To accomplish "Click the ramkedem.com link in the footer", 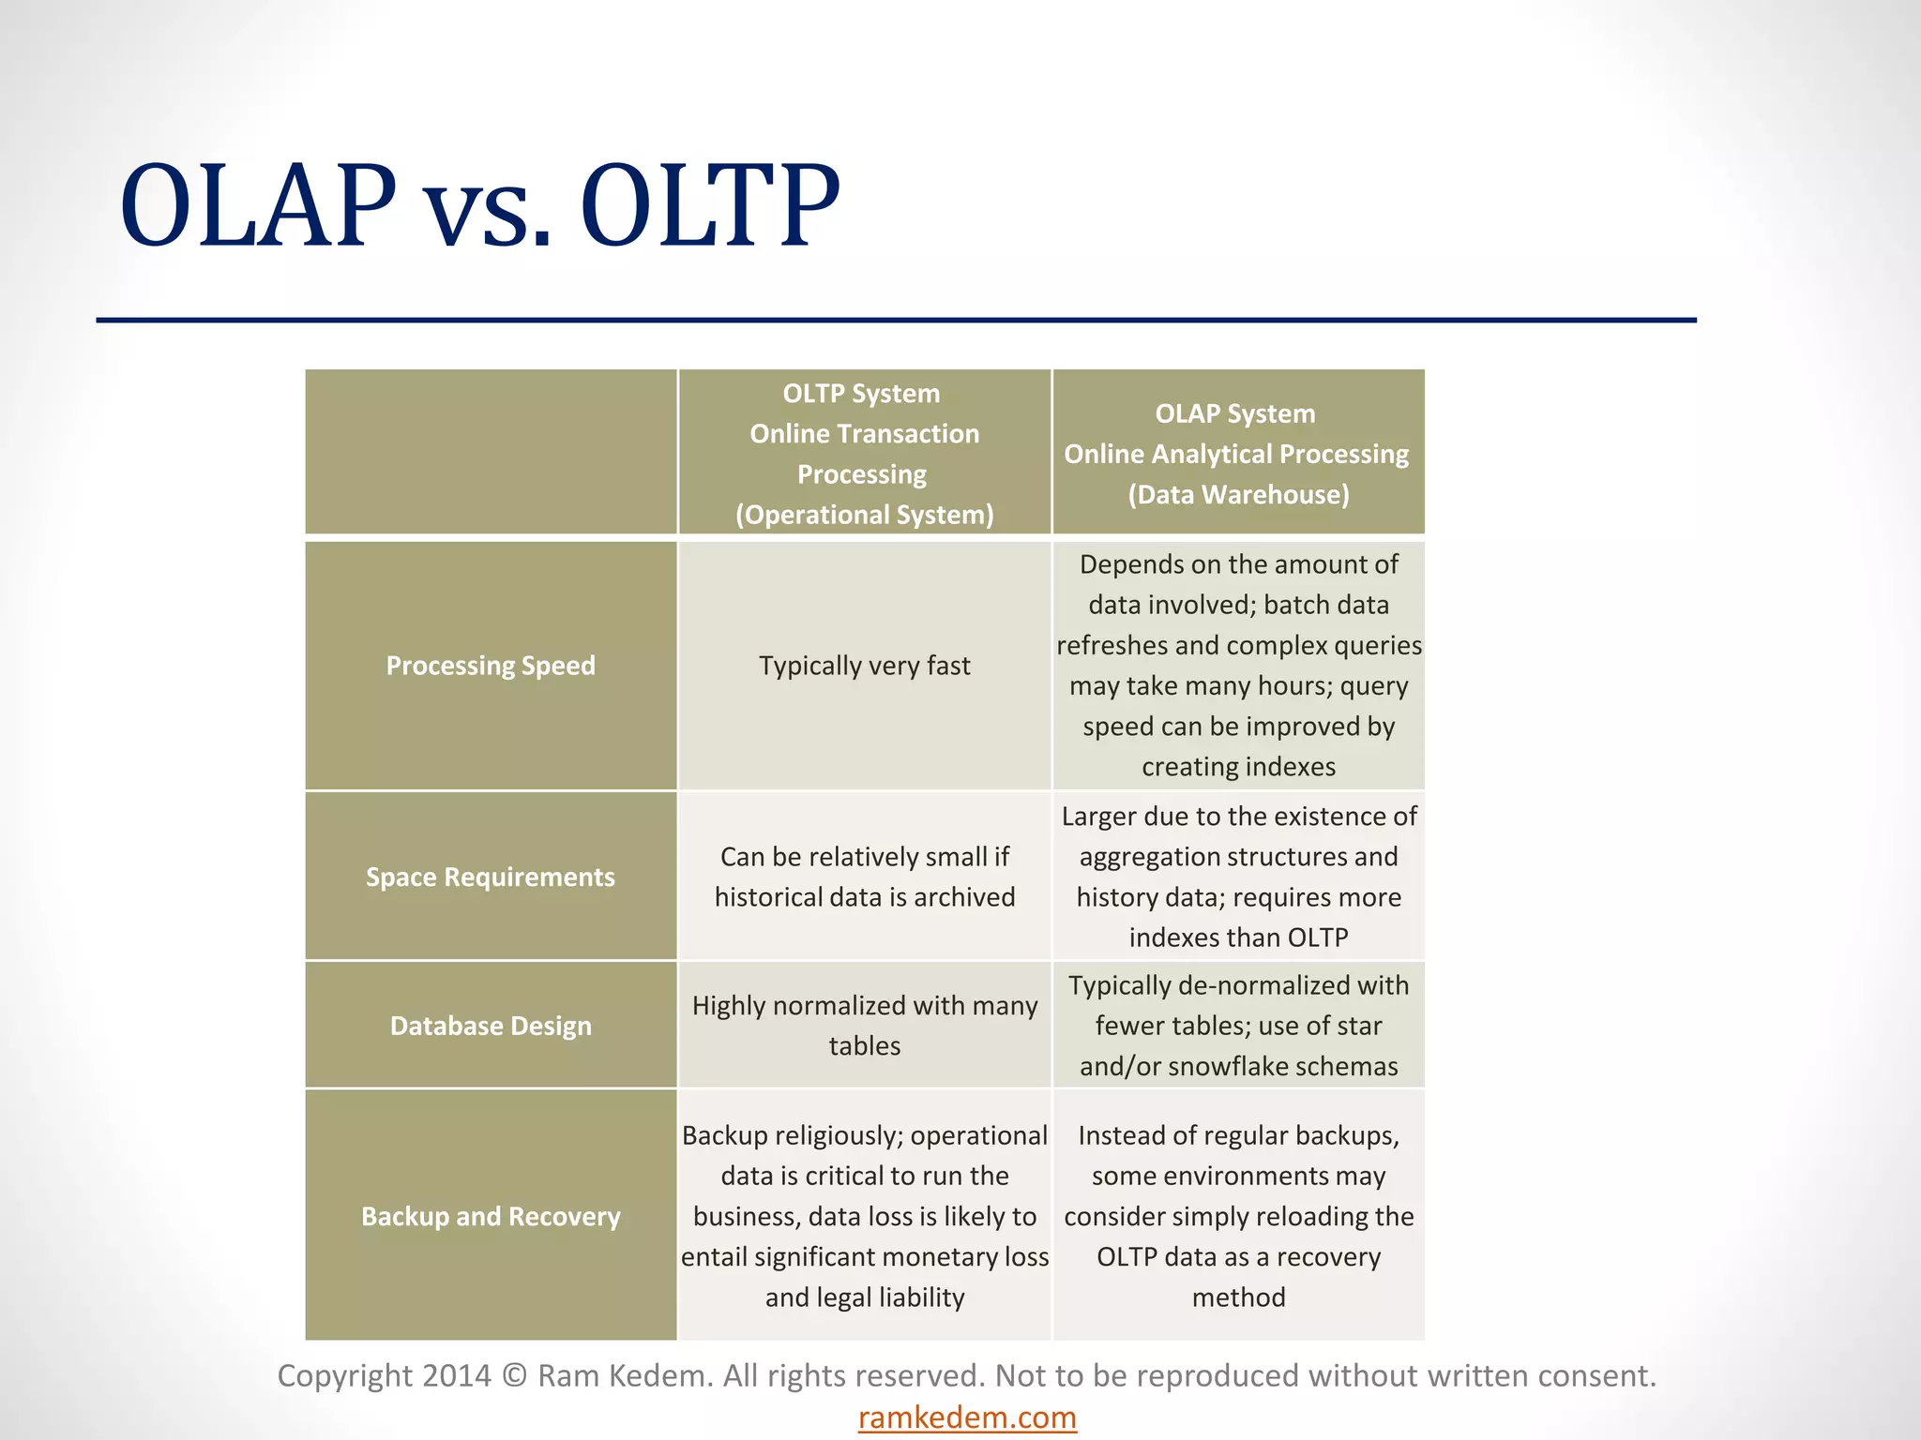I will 967,1417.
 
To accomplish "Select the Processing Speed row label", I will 491,666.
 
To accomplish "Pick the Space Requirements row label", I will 491,877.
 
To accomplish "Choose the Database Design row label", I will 491,1026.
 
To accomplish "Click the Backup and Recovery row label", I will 491,1216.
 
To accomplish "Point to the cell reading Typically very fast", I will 864,666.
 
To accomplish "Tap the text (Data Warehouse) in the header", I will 1238,494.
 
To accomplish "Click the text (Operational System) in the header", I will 864,515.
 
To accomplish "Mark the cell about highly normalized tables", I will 864,1025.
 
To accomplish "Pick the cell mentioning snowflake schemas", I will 1238,1026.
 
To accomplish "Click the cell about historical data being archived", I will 864,877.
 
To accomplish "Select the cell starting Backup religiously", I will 864,1216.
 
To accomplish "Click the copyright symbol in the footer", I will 514,1375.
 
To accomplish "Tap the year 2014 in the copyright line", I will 457,1375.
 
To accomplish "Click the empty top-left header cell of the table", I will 491,452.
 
